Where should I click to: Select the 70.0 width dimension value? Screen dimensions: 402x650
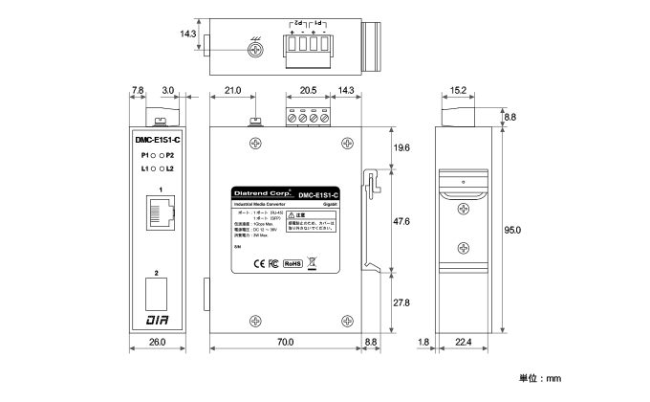click(284, 342)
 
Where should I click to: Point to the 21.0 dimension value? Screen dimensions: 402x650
click(231, 91)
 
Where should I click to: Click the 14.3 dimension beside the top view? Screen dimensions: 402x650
click(187, 33)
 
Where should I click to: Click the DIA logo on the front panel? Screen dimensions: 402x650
click(157, 318)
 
